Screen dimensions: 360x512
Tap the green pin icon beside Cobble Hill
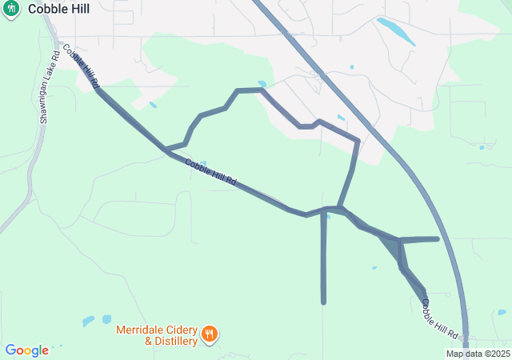coord(11,7)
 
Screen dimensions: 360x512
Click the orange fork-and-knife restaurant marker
coord(209,334)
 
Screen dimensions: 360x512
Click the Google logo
coord(26,350)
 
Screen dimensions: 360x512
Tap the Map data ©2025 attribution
coord(478,354)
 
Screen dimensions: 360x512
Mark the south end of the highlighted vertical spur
coord(324,302)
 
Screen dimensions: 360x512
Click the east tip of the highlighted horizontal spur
coord(437,238)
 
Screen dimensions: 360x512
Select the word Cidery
coord(178,329)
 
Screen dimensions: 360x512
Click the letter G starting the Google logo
coord(10,350)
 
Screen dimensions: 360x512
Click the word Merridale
coord(138,329)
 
